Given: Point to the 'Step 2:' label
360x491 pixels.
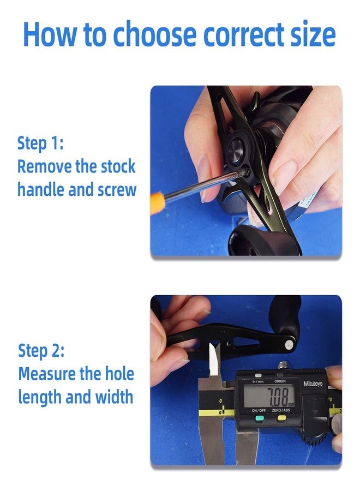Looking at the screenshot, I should (x=41, y=350).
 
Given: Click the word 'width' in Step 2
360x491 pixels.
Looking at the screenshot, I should (x=113, y=397).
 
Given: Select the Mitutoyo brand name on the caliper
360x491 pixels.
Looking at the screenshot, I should (x=313, y=384).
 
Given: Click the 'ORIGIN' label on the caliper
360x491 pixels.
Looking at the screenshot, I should (x=280, y=381).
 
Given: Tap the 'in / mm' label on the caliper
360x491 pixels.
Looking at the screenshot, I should (x=259, y=381).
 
